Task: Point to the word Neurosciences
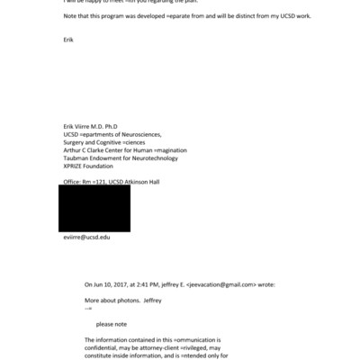pos(143,134)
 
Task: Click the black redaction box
pos(94,209)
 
